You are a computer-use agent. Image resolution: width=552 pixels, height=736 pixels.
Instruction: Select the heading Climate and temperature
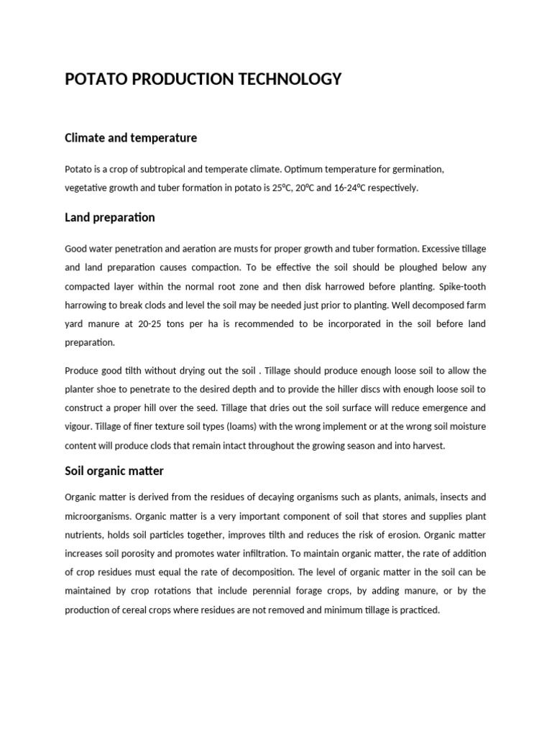click(131, 137)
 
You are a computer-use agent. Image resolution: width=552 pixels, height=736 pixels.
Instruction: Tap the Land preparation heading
click(109, 217)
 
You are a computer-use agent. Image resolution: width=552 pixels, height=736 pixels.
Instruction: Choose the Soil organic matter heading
click(114, 471)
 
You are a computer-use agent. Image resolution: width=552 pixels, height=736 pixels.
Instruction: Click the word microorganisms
click(97, 515)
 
